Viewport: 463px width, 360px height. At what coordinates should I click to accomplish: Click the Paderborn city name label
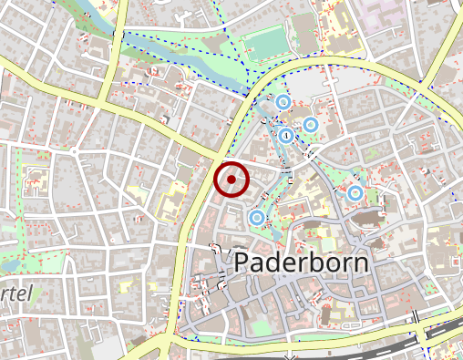click(302, 263)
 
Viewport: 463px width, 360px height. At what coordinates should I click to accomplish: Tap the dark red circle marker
click(231, 180)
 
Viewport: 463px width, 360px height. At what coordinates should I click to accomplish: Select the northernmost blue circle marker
click(283, 102)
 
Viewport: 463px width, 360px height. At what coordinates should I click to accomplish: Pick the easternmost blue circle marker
click(355, 193)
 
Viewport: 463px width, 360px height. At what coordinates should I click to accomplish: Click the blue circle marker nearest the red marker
click(256, 218)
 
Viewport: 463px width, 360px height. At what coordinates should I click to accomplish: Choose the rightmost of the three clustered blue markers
click(311, 124)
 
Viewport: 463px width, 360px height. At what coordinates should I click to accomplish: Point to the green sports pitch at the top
click(265, 41)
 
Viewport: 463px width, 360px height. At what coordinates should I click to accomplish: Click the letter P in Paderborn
click(243, 263)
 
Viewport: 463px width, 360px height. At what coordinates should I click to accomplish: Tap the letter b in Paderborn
click(315, 262)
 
